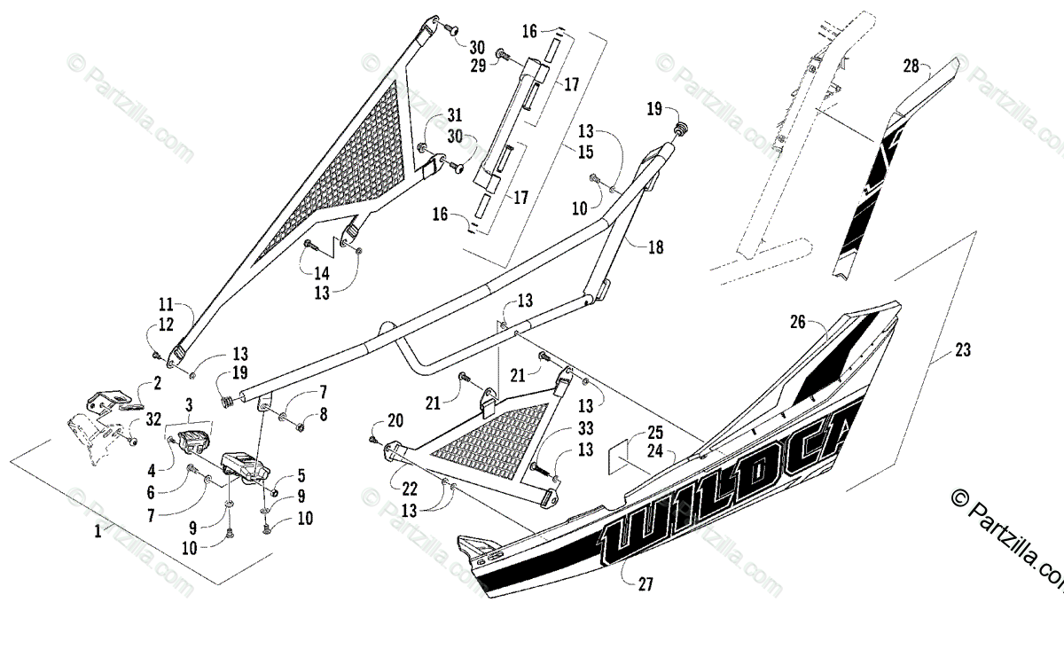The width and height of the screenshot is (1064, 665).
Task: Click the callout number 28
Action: [x=911, y=66]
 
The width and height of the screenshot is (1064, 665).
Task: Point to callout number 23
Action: [x=963, y=350]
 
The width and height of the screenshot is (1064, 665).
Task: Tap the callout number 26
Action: [x=798, y=322]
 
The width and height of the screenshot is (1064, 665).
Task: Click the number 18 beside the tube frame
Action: [x=655, y=248]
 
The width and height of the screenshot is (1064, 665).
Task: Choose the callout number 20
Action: [x=395, y=420]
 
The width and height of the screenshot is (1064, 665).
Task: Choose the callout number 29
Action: [x=477, y=67]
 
